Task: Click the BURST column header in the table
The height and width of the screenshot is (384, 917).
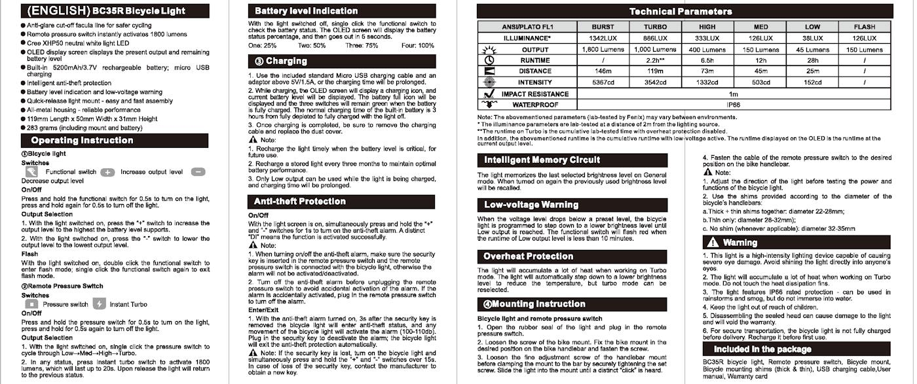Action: pyautogui.click(x=603, y=27)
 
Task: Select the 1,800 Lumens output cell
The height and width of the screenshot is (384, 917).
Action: pyautogui.click(x=603, y=49)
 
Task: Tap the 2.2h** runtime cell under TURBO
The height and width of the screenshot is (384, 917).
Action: pyautogui.click(x=655, y=60)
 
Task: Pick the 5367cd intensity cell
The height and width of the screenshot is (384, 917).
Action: pyautogui.click(x=603, y=82)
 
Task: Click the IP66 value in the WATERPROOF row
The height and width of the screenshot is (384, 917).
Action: pyautogui.click(x=733, y=105)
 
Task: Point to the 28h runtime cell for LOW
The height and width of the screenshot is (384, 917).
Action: pyautogui.click(x=812, y=60)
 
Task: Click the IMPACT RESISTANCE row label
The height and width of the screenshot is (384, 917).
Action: pyautogui.click(x=534, y=94)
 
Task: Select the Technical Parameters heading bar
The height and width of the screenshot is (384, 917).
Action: pyautogui.click(x=681, y=11)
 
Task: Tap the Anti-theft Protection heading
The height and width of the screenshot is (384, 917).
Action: pyautogui.click(x=299, y=201)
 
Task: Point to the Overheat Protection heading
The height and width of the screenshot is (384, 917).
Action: pyautogui.click(x=529, y=256)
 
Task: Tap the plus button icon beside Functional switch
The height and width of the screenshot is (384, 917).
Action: pyautogui.click(x=108, y=172)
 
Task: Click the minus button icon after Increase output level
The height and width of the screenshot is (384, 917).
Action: pyautogui.click(x=198, y=172)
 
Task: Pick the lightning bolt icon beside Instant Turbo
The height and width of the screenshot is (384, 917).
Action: pyautogui.click(x=99, y=304)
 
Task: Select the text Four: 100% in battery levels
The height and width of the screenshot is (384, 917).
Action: pyautogui.click(x=417, y=45)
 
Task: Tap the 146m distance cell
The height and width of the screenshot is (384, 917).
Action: pyautogui.click(x=603, y=71)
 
